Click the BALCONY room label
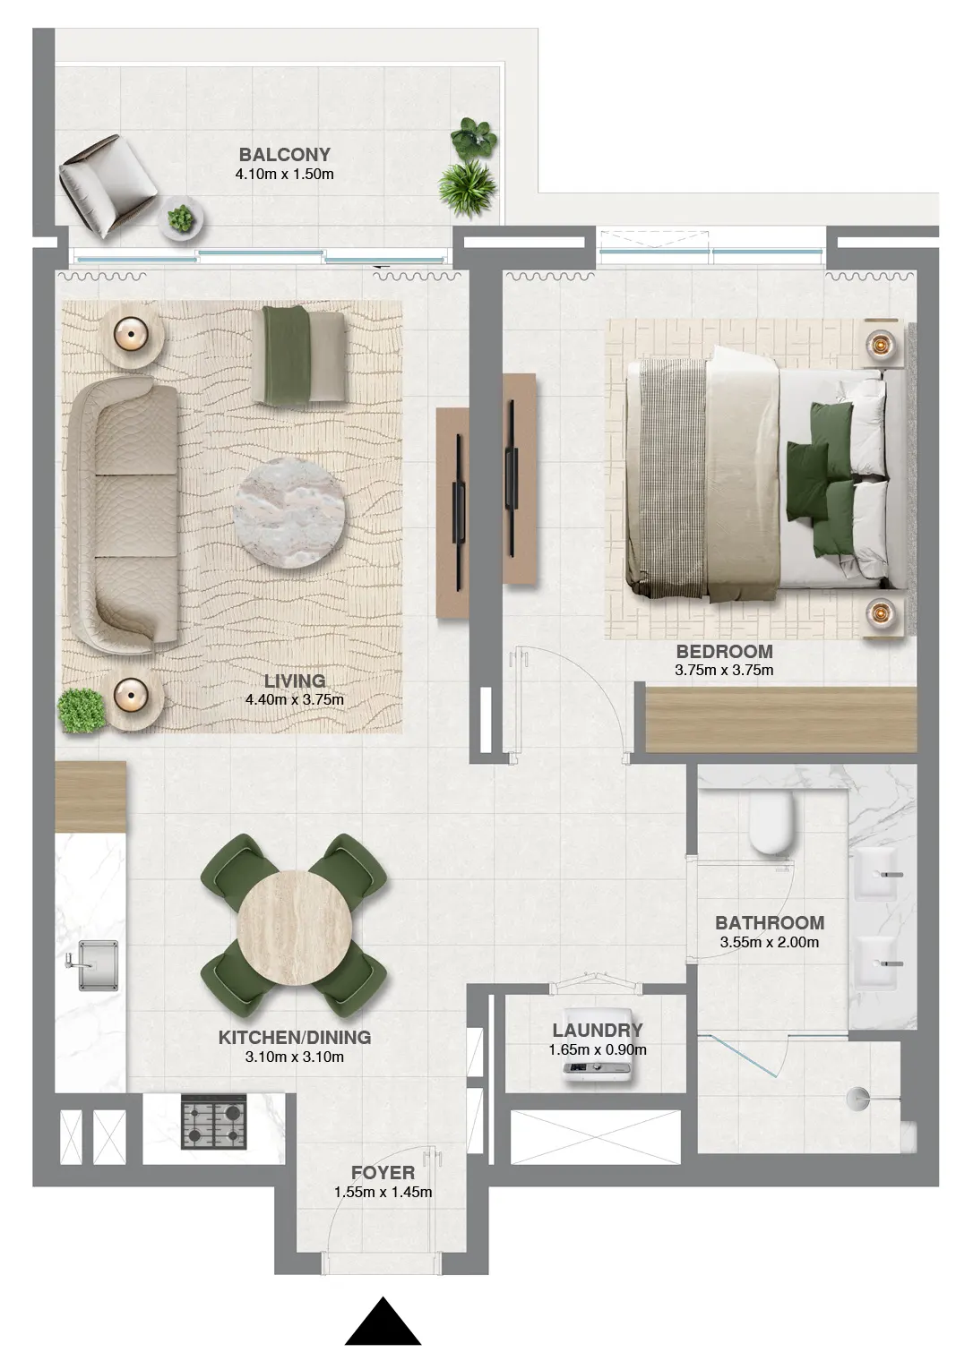coord(284,154)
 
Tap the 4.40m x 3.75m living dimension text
coord(294,699)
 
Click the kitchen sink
coord(97,964)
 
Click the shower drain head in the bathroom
coord(857,1094)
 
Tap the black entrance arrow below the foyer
coord(383,1322)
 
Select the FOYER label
coord(383,1172)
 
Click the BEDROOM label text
coord(724,651)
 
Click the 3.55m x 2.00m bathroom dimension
coord(769,942)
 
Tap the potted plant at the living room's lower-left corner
coord(82,710)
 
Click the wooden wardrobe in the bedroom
coord(779,719)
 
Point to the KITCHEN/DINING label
coord(294,1037)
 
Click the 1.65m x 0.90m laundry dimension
coord(598,1049)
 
